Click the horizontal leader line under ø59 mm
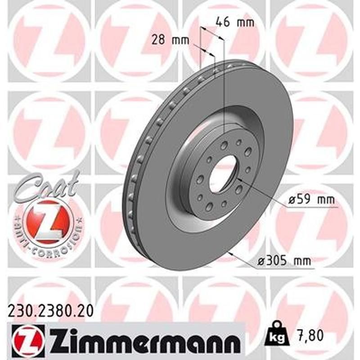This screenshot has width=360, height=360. [310, 208]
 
